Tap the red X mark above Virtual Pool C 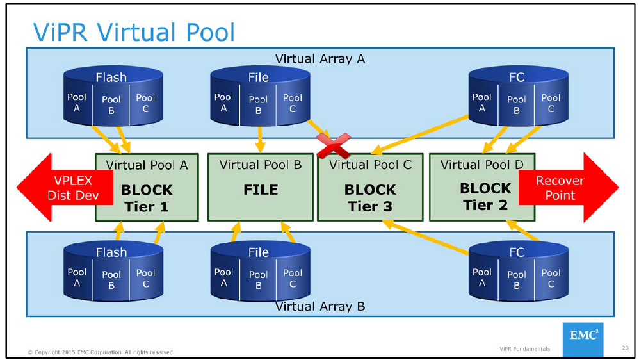(334, 145)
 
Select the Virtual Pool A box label (147, 165)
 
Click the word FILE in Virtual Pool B (261, 190)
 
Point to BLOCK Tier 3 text (370, 198)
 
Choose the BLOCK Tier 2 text (485, 197)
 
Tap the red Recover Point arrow (566, 188)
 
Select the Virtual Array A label (319, 59)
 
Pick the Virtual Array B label (319, 306)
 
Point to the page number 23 (624, 348)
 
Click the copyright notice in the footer (101, 352)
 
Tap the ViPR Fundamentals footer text (524, 349)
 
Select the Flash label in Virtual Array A (111, 78)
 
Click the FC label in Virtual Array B (516, 252)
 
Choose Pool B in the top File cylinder (258, 104)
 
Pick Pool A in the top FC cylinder (481, 102)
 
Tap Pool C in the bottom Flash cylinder (145, 278)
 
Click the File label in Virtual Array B (258, 252)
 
